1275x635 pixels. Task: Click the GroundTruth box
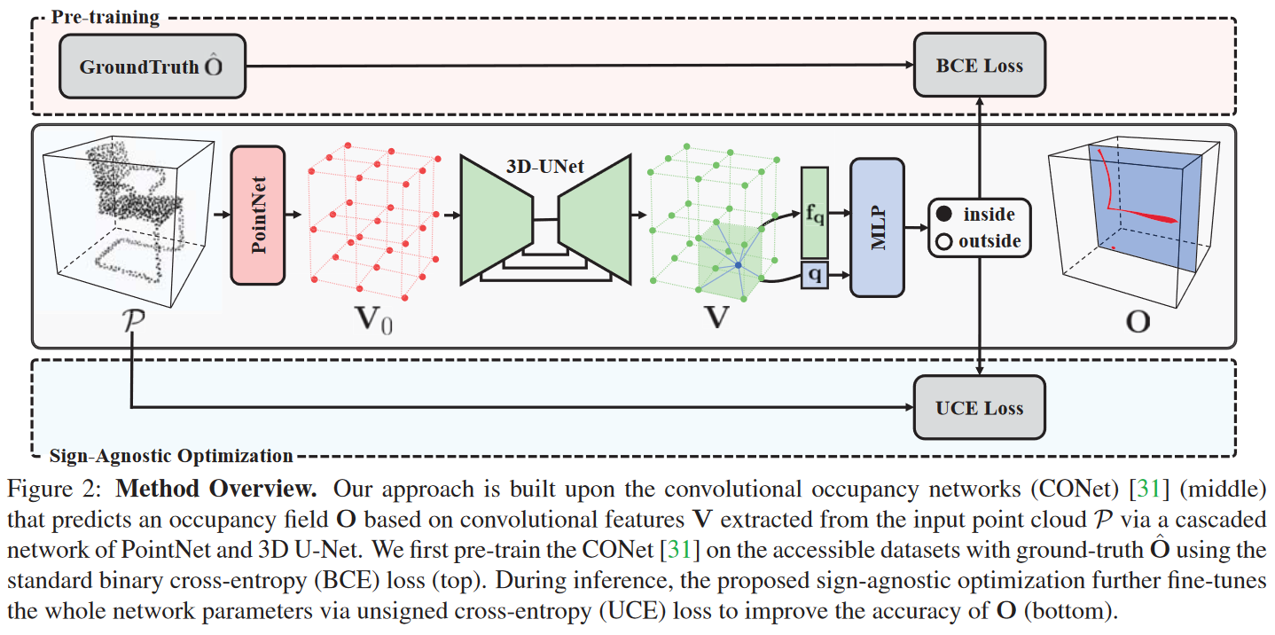(x=152, y=67)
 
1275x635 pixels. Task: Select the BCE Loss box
(x=979, y=67)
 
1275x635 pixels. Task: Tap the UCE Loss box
(x=979, y=408)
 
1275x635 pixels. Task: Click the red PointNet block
(x=258, y=216)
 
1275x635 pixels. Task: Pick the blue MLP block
(x=876, y=227)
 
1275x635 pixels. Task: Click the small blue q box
(x=814, y=275)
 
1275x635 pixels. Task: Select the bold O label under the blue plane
(x=1138, y=320)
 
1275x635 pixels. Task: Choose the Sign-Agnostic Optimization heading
(x=170, y=457)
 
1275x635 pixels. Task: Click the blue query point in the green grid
(x=737, y=265)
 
